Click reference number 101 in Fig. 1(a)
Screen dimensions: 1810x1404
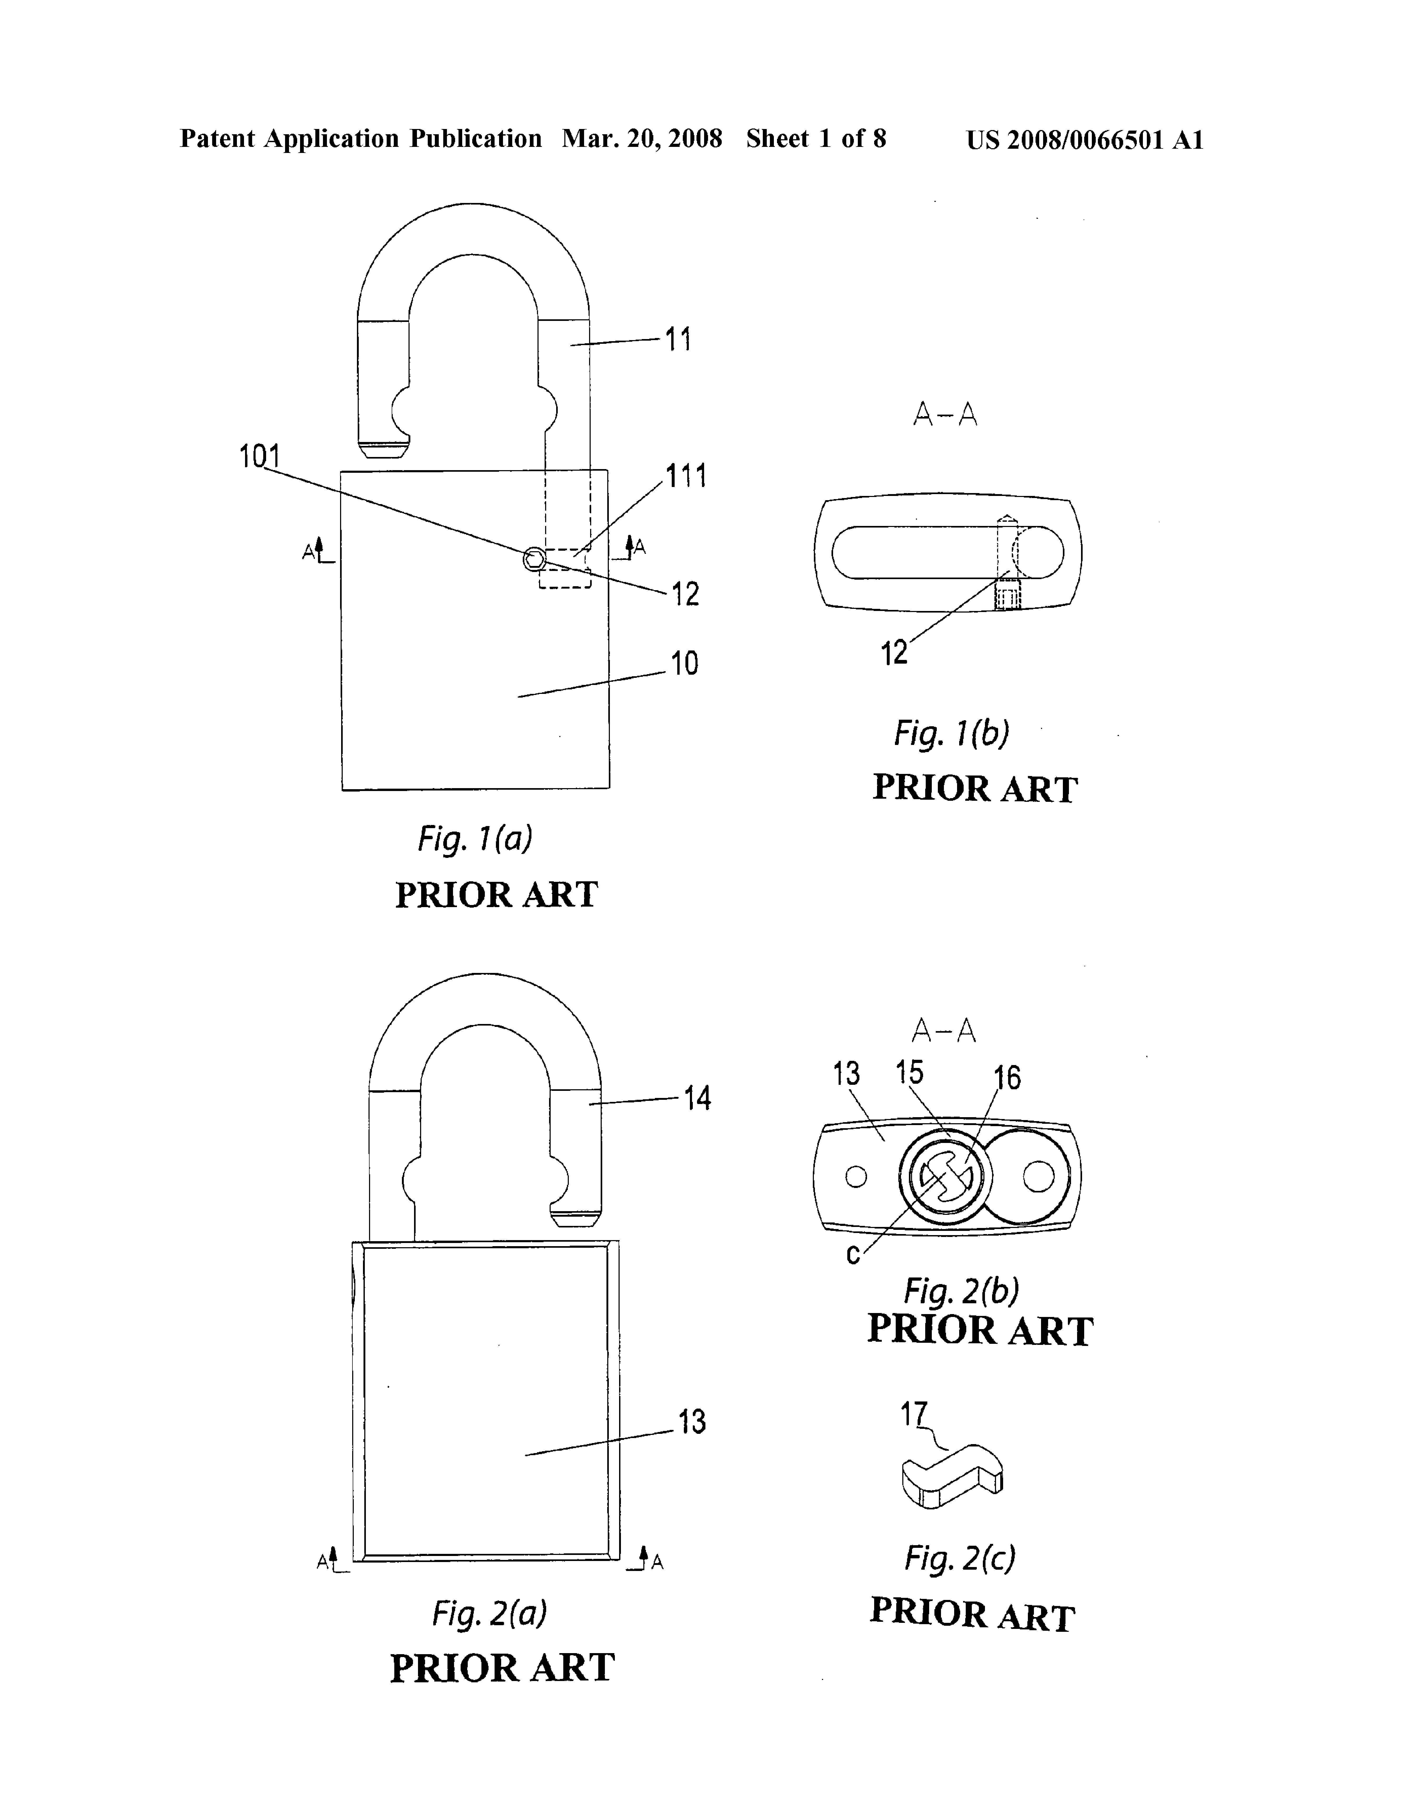tap(260, 456)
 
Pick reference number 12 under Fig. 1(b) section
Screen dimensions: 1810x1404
tap(894, 654)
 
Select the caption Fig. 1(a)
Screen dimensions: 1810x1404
tap(475, 839)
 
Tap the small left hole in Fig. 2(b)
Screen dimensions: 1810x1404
tap(856, 1177)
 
